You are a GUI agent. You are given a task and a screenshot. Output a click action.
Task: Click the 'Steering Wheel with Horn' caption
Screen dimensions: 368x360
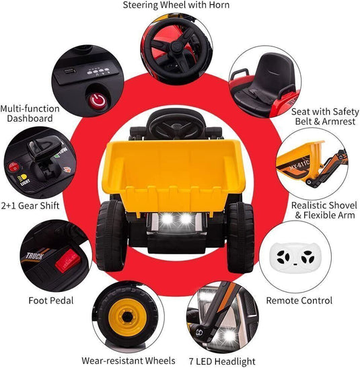(x=176, y=5)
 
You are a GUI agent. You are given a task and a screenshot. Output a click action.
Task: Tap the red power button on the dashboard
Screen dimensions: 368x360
(x=98, y=102)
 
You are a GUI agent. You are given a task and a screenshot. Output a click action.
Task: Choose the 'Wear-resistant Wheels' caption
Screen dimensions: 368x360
(x=128, y=361)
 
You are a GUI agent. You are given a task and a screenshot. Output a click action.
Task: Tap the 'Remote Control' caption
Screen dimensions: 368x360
(x=299, y=301)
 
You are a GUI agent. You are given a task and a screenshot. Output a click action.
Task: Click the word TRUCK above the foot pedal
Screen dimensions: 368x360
(x=33, y=256)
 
